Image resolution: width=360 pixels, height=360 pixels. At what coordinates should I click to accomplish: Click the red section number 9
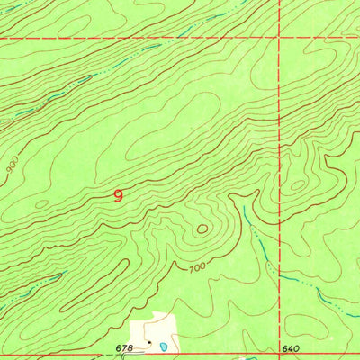point(120,194)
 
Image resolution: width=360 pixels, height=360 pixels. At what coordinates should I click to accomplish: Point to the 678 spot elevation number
point(124,347)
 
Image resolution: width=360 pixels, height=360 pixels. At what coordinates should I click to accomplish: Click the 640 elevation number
point(288,348)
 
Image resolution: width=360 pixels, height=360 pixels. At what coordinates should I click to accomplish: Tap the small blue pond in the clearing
point(163,346)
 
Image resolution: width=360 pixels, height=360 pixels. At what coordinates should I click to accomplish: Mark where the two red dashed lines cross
point(279,39)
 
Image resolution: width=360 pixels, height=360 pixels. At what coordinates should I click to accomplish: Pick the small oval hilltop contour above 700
point(201,229)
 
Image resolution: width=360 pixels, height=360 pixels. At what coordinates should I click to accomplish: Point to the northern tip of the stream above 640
point(245,208)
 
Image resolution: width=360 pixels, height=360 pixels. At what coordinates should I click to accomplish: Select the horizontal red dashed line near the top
point(135,39)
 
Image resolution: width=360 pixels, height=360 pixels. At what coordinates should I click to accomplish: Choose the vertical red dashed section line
point(279,135)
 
